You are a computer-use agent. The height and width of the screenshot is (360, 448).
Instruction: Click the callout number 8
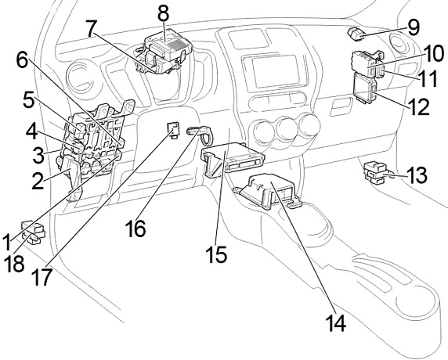(163, 14)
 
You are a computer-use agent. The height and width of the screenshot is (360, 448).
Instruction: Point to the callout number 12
(420, 106)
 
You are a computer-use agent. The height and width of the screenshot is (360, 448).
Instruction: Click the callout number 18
(14, 263)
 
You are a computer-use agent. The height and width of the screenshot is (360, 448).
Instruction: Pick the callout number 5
(29, 99)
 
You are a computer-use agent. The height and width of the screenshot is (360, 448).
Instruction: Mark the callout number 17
(42, 276)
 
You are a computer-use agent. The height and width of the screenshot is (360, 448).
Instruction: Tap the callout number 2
(38, 181)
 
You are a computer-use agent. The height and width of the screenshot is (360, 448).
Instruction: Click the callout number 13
(417, 175)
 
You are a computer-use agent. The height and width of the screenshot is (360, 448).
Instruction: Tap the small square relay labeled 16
(173, 129)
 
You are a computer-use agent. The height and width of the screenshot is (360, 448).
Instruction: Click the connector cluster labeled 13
(378, 172)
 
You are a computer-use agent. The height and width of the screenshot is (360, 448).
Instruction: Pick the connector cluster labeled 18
(34, 232)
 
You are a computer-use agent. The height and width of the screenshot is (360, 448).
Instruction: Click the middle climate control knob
(287, 128)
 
